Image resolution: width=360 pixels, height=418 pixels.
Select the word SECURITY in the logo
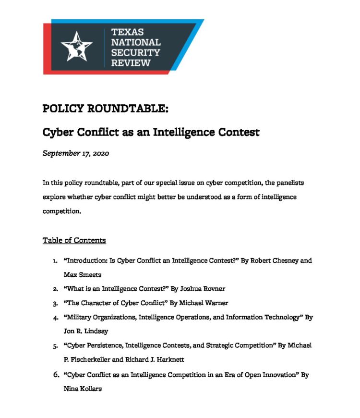click(135, 52)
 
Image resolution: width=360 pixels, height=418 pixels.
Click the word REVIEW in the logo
click(131, 63)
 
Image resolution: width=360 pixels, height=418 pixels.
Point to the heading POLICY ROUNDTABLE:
click(106, 109)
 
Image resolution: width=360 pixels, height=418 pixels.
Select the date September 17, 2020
click(76, 154)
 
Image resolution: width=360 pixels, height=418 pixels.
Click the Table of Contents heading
click(74, 240)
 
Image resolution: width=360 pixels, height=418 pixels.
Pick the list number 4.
click(55, 318)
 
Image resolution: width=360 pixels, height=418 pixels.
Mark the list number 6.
click(55, 374)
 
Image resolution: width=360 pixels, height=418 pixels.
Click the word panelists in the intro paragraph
click(288, 183)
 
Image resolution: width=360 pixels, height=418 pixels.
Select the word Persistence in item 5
click(106, 346)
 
